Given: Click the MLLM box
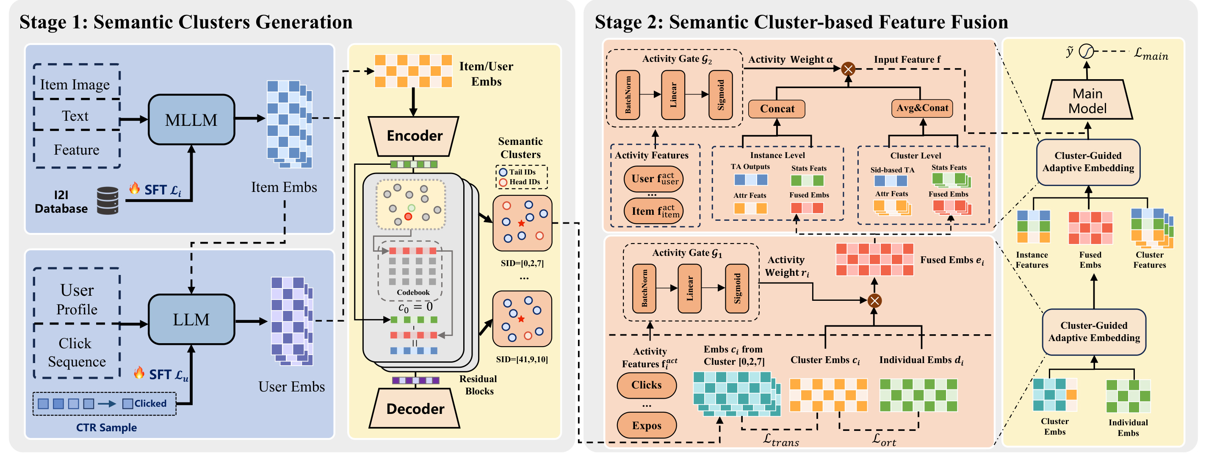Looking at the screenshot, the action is click(x=191, y=119).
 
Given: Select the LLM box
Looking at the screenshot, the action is click(x=191, y=319).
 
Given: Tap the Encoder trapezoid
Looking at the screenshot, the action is click(x=414, y=136).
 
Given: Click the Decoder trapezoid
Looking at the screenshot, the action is click(x=414, y=409).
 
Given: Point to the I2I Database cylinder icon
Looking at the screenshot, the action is click(x=108, y=201).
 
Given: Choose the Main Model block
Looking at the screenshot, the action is click(x=1087, y=100).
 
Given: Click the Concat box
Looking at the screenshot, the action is click(x=777, y=109).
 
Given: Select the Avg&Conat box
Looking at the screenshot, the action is click(x=922, y=108).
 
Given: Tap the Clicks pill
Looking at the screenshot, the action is click(x=646, y=385).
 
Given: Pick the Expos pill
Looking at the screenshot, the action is click(x=646, y=425).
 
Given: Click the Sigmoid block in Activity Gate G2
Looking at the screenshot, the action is click(x=720, y=95).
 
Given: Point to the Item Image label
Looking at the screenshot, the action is click(x=75, y=85).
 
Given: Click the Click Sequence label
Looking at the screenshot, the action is click(x=77, y=352).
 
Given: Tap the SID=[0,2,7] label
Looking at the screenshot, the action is click(x=522, y=263).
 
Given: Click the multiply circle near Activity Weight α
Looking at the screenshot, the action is click(x=848, y=69).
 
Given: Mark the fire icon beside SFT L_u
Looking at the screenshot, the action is click(x=139, y=373).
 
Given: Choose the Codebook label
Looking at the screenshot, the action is click(x=413, y=292).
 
